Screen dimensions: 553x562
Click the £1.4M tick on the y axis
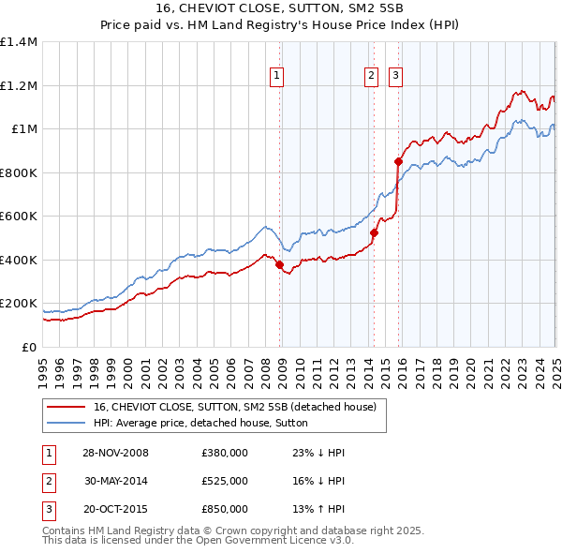tap(18, 42)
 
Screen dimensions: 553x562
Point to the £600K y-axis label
tap(18, 217)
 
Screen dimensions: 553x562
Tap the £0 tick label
tap(29, 348)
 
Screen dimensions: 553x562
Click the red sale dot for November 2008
tap(280, 264)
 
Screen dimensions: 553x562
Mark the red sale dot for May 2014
tap(374, 232)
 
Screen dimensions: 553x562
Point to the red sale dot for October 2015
tap(398, 161)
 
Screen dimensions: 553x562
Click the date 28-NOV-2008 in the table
tap(116, 453)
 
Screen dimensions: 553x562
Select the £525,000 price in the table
tap(225, 481)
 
